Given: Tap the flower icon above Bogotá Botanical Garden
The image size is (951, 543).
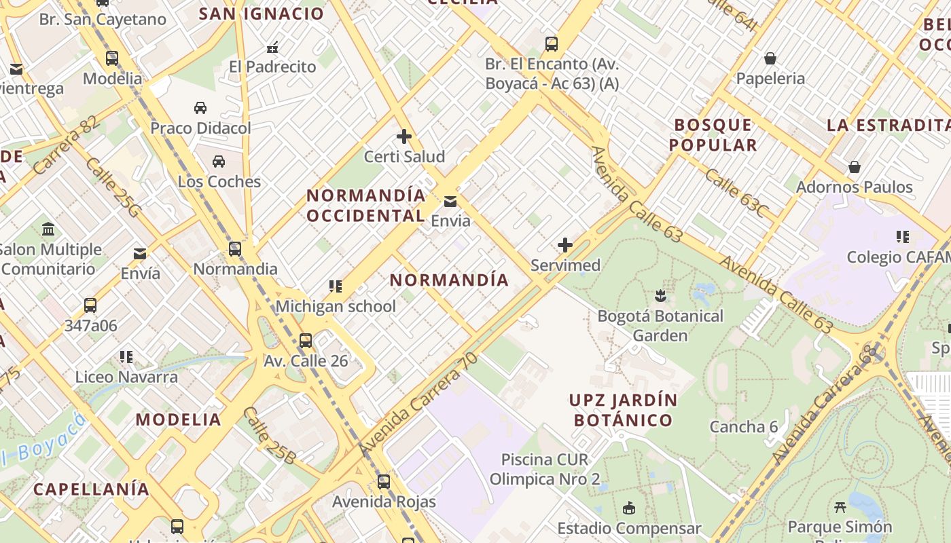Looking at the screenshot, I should [660, 295].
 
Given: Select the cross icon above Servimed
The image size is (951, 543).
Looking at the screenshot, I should [564, 245].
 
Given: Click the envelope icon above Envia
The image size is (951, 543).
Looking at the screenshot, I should [450, 201].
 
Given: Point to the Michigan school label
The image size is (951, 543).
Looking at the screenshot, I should [336, 306].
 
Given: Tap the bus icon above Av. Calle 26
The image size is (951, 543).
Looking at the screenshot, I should [306, 340].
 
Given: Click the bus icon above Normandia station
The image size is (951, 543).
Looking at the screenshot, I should [235, 249].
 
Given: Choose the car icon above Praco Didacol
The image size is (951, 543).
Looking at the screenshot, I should [200, 108].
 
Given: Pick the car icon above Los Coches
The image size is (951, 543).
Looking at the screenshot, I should [219, 162].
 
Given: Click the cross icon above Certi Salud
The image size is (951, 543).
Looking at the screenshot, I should [404, 136].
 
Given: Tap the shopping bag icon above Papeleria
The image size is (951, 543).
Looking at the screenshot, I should [770, 58].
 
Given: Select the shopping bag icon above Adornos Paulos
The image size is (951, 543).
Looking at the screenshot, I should [855, 167].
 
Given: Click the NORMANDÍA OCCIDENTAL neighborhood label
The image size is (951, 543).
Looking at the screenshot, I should [366, 206].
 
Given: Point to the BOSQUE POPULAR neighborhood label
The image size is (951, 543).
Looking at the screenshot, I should [713, 134].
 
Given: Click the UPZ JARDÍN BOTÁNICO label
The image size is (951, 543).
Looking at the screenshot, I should [623, 410].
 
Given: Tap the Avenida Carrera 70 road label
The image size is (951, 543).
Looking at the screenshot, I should [418, 405].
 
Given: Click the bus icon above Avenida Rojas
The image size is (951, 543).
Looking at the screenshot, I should [384, 482].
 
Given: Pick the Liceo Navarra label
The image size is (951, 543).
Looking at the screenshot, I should [126, 377].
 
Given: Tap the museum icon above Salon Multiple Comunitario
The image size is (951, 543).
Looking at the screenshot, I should [48, 229].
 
